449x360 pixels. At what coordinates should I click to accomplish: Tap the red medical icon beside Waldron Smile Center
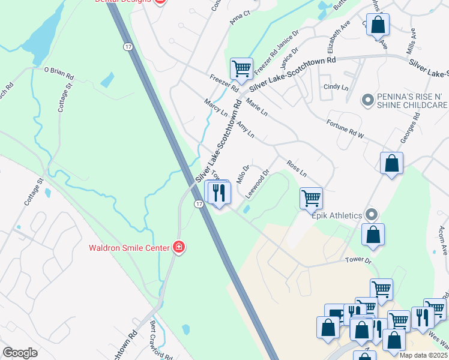[178, 247]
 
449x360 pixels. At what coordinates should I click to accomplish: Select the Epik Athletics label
[336, 215]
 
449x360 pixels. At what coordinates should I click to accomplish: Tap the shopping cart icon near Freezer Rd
[241, 68]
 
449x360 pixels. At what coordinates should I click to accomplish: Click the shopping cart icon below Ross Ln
[311, 197]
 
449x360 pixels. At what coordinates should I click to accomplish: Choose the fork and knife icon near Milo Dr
[220, 193]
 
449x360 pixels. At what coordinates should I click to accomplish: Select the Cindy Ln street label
[336, 87]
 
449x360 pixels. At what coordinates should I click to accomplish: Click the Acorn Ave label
[442, 241]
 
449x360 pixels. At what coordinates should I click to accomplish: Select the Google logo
[20, 352]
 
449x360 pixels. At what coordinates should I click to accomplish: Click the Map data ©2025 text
[423, 355]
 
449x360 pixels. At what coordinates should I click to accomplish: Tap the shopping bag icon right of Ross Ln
[391, 163]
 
